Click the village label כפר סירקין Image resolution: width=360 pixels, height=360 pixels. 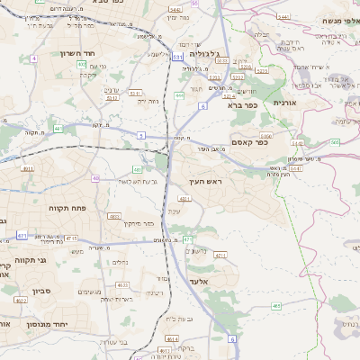[139, 222]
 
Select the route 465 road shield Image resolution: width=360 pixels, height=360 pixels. [275, 306]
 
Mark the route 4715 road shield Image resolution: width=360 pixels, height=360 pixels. [71, 238]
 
